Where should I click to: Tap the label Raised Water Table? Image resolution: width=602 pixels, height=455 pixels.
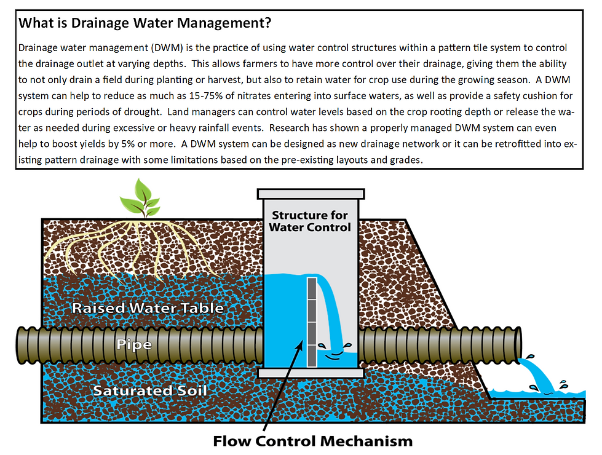click(x=148, y=307)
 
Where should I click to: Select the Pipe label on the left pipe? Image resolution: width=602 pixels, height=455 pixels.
click(x=134, y=344)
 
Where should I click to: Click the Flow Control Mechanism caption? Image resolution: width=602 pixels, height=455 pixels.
click(x=312, y=441)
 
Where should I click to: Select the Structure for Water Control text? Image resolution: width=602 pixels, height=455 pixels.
click(x=310, y=221)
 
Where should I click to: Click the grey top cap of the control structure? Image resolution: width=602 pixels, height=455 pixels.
click(x=310, y=194)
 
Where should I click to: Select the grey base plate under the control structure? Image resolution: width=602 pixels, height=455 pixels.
click(x=310, y=373)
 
